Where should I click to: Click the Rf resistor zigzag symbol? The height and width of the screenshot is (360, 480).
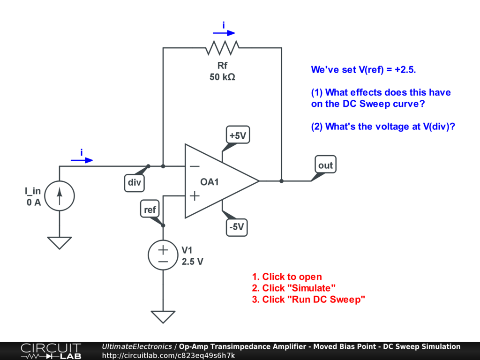pyautogui.click(x=222, y=47)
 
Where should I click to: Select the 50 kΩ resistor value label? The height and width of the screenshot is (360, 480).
pyautogui.click(x=222, y=77)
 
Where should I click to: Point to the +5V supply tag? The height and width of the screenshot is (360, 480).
pyautogui.click(x=237, y=136)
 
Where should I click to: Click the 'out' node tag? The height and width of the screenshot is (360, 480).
pyautogui.click(x=325, y=165)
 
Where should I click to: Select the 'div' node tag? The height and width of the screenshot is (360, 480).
pyautogui.click(x=135, y=183)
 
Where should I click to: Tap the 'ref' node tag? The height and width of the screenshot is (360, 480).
pyautogui.click(x=150, y=210)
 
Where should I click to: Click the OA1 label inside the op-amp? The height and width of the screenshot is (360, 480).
pyautogui.click(x=210, y=182)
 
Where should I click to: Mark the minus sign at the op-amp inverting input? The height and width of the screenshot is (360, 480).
pyautogui.click(x=194, y=166)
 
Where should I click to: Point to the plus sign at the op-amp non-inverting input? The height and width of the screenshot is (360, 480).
pyautogui.click(x=194, y=196)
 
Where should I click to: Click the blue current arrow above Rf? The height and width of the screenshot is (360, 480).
pyautogui.click(x=224, y=33)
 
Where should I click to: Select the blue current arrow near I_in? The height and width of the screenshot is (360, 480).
pyautogui.click(x=82, y=160)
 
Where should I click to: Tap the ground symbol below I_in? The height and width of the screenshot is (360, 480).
pyautogui.click(x=60, y=243)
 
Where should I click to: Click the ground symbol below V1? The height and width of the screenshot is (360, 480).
pyautogui.click(x=163, y=317)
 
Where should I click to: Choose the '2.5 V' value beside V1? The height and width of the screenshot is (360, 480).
pyautogui.click(x=192, y=262)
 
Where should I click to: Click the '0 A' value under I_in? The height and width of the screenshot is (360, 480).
pyautogui.click(x=34, y=202)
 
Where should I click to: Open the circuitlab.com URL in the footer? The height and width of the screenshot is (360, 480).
pyautogui.click(x=168, y=355)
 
